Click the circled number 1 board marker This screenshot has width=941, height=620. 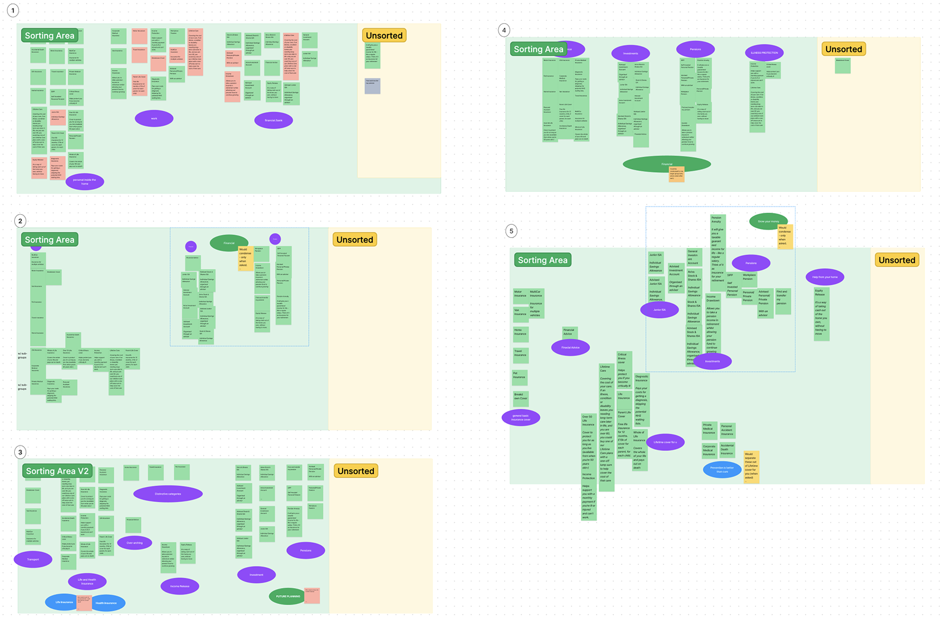(x=13, y=10)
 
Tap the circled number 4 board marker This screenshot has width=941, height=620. (x=504, y=30)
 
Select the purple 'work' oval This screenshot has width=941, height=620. (x=154, y=119)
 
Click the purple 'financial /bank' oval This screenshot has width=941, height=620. (x=274, y=120)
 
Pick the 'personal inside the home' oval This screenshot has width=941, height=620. (x=85, y=182)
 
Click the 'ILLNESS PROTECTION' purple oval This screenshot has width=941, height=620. (x=764, y=53)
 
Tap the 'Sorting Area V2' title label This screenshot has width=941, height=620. (x=57, y=471)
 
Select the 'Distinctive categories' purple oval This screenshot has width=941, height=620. (x=168, y=494)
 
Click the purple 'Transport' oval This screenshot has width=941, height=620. (x=33, y=559)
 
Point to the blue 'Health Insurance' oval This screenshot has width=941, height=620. (x=107, y=603)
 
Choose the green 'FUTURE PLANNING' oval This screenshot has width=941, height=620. (x=288, y=596)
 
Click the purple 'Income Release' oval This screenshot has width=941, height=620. (x=180, y=586)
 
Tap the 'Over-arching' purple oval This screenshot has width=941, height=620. (x=135, y=543)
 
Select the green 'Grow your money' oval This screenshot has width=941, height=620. (x=768, y=221)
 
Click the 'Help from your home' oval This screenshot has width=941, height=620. (x=825, y=277)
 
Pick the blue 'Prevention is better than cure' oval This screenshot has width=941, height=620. (x=722, y=470)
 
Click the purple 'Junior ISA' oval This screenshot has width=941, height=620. (x=660, y=310)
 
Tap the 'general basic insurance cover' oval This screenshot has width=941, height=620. (x=521, y=418)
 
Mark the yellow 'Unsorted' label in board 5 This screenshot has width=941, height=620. (x=897, y=260)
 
